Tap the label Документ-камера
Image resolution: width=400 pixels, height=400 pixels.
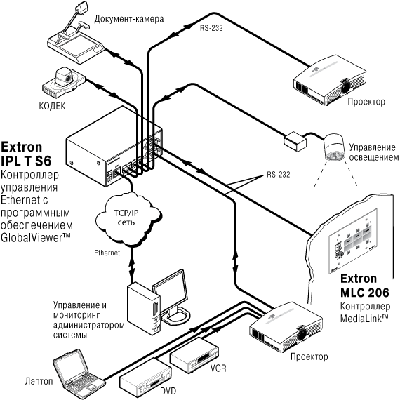pos(129,19)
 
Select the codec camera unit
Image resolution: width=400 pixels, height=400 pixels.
pos(63,82)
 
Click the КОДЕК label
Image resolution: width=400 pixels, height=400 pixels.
pos(52,106)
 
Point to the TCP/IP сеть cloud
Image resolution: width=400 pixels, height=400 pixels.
pos(128,219)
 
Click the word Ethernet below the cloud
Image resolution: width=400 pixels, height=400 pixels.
pos(107,253)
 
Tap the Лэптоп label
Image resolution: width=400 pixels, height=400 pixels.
pos(39,381)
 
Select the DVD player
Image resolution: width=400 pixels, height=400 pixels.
pos(145,378)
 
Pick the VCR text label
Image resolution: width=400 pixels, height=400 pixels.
pos(218,368)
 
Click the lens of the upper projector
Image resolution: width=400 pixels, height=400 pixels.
pos(346,87)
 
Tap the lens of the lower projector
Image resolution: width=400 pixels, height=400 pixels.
pos(302,333)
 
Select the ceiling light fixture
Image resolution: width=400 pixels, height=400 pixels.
pos(333,147)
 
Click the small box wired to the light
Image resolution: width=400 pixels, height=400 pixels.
pos(295,142)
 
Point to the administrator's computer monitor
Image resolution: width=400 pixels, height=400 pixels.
pos(171,296)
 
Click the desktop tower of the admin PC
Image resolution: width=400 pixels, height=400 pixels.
pos(144,308)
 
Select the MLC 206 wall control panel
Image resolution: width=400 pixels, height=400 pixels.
pos(353,239)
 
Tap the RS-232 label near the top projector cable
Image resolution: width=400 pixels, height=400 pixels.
pos(211,28)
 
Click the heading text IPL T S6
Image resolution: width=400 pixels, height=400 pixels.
pos(26,161)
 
